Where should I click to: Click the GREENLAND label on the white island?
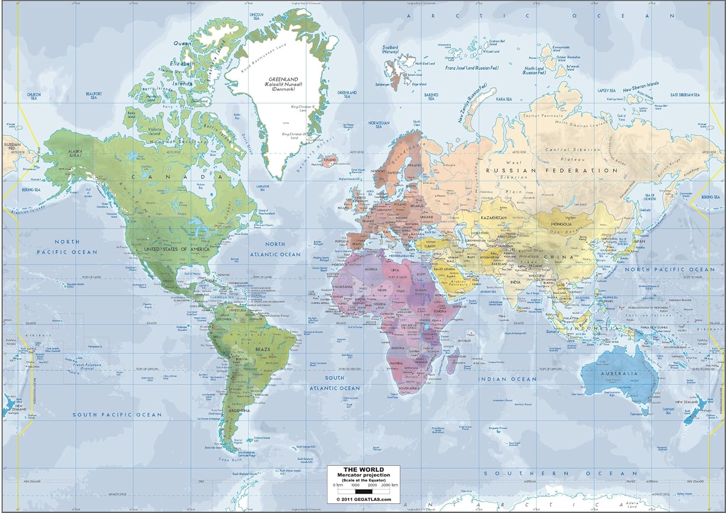(x=284, y=79)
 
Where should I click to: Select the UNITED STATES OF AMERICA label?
(x=177, y=249)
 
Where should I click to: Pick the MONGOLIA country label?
(x=562, y=224)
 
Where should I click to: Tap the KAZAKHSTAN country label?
(x=494, y=218)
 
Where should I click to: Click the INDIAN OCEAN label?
(x=508, y=379)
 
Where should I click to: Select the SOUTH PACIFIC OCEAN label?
(x=117, y=415)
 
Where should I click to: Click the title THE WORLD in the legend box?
(x=363, y=469)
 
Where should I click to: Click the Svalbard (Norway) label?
(x=390, y=49)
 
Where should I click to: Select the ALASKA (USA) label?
(x=75, y=153)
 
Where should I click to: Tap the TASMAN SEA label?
(x=668, y=410)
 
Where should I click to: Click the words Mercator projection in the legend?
(x=363, y=475)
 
